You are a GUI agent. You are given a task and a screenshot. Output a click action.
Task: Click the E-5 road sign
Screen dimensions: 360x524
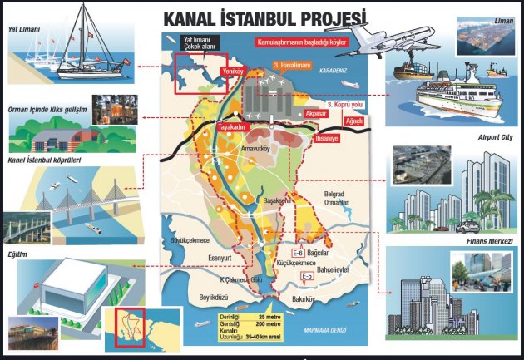(306, 275)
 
